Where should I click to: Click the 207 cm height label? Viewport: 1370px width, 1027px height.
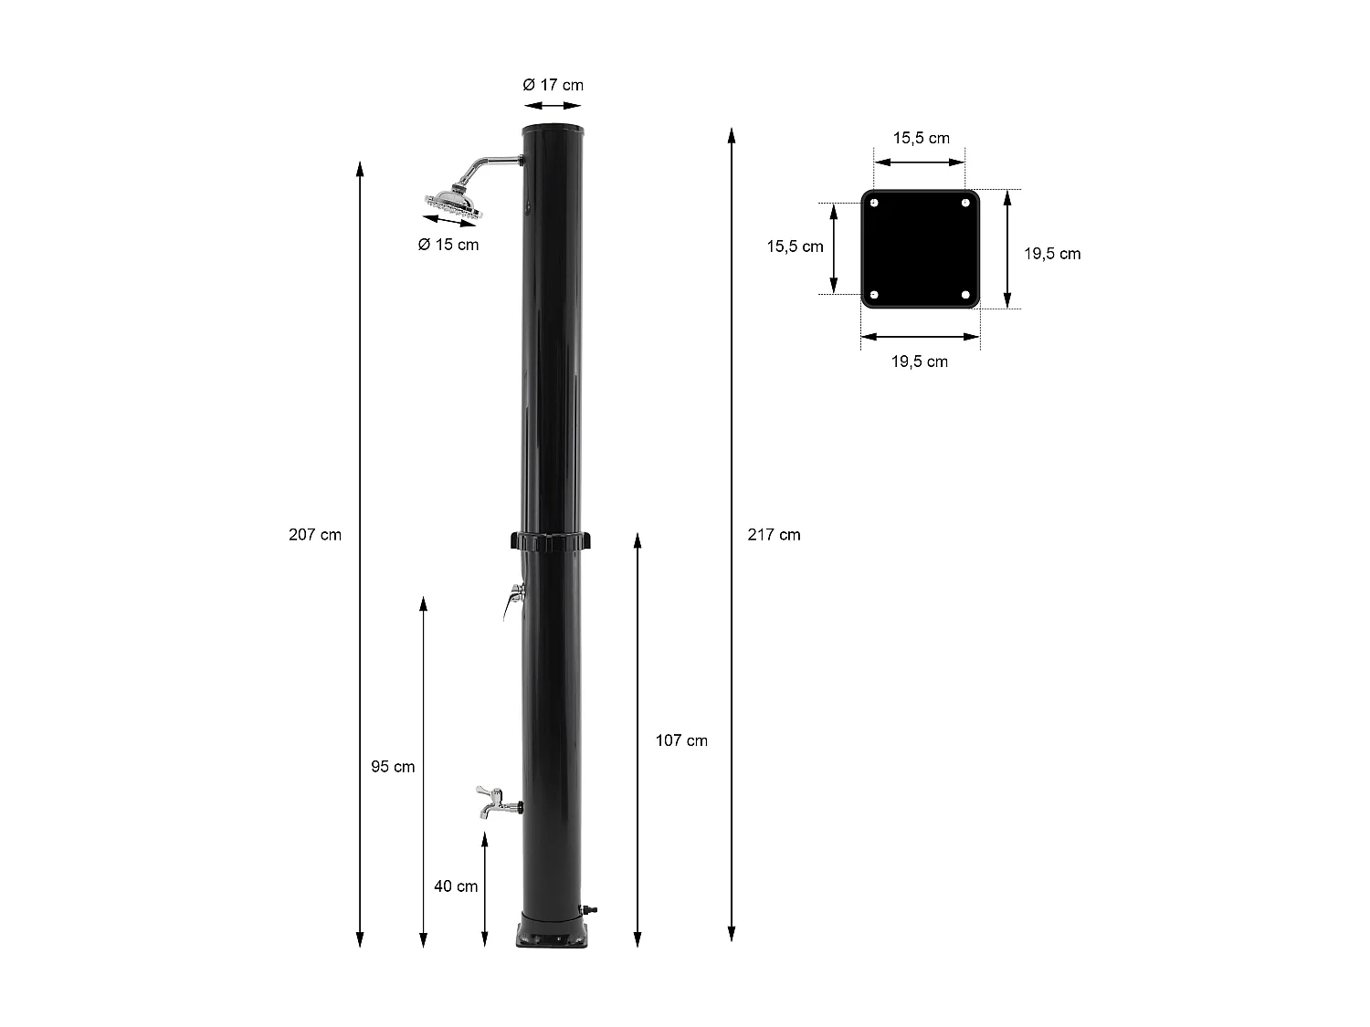point(315,535)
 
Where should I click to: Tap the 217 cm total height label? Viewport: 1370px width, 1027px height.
point(774,535)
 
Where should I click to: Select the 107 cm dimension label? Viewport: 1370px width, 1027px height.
point(681,740)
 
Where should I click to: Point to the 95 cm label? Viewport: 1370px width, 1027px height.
point(393,767)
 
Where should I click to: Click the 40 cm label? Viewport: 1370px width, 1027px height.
point(456,886)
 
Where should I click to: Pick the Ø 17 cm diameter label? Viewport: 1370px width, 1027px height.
point(553,85)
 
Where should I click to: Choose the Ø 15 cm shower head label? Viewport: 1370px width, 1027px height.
point(448,245)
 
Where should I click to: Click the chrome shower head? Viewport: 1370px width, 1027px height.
point(452,203)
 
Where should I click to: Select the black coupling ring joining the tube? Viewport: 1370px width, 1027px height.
point(551,541)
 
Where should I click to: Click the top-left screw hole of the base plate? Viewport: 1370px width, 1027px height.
point(875,204)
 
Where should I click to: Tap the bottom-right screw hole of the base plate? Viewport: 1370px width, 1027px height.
point(965,295)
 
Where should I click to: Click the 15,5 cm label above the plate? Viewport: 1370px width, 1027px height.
point(921,139)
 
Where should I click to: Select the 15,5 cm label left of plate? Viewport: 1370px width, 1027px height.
point(795,246)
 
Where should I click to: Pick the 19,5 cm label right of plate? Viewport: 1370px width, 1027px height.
point(1051,254)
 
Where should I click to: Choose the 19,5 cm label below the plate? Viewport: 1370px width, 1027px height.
point(920,362)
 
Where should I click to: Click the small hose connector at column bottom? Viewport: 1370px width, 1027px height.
point(590,909)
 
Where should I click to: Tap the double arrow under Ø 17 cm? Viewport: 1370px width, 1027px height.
point(553,107)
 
